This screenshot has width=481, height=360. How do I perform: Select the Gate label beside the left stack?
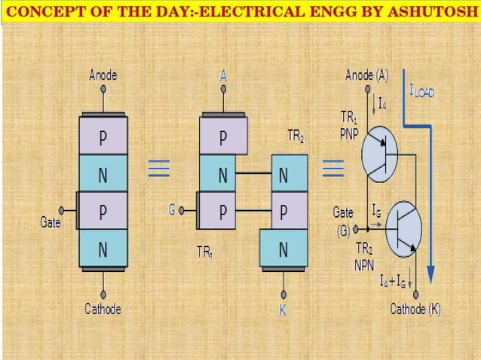(51, 223)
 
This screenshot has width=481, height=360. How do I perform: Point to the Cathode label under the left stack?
(103, 309)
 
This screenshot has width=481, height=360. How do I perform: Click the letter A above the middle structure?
(223, 76)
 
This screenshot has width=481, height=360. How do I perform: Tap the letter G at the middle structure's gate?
(172, 211)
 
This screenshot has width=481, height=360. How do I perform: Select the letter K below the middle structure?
(283, 310)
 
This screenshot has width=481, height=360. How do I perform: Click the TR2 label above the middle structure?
(296, 136)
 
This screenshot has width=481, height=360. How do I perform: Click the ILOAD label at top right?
(427, 91)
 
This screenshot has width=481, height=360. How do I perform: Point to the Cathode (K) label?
(415, 310)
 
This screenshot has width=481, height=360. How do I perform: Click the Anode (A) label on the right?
(367, 75)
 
